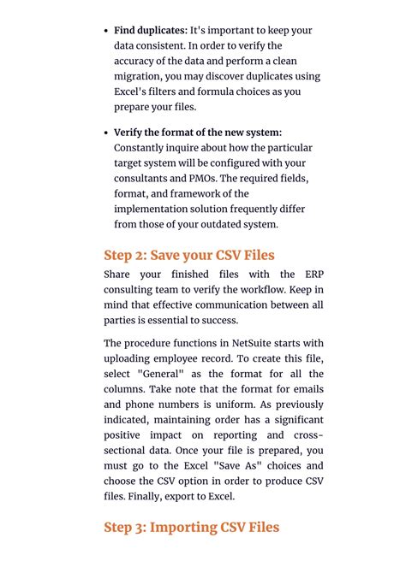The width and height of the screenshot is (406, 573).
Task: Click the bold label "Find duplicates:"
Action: coord(151,30)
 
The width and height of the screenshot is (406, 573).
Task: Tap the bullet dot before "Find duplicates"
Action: coord(107,31)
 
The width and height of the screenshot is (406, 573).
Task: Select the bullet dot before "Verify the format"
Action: coord(107,133)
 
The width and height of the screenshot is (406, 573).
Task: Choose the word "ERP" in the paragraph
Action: coord(311,275)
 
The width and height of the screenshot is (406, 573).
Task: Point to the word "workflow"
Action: coord(260,290)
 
